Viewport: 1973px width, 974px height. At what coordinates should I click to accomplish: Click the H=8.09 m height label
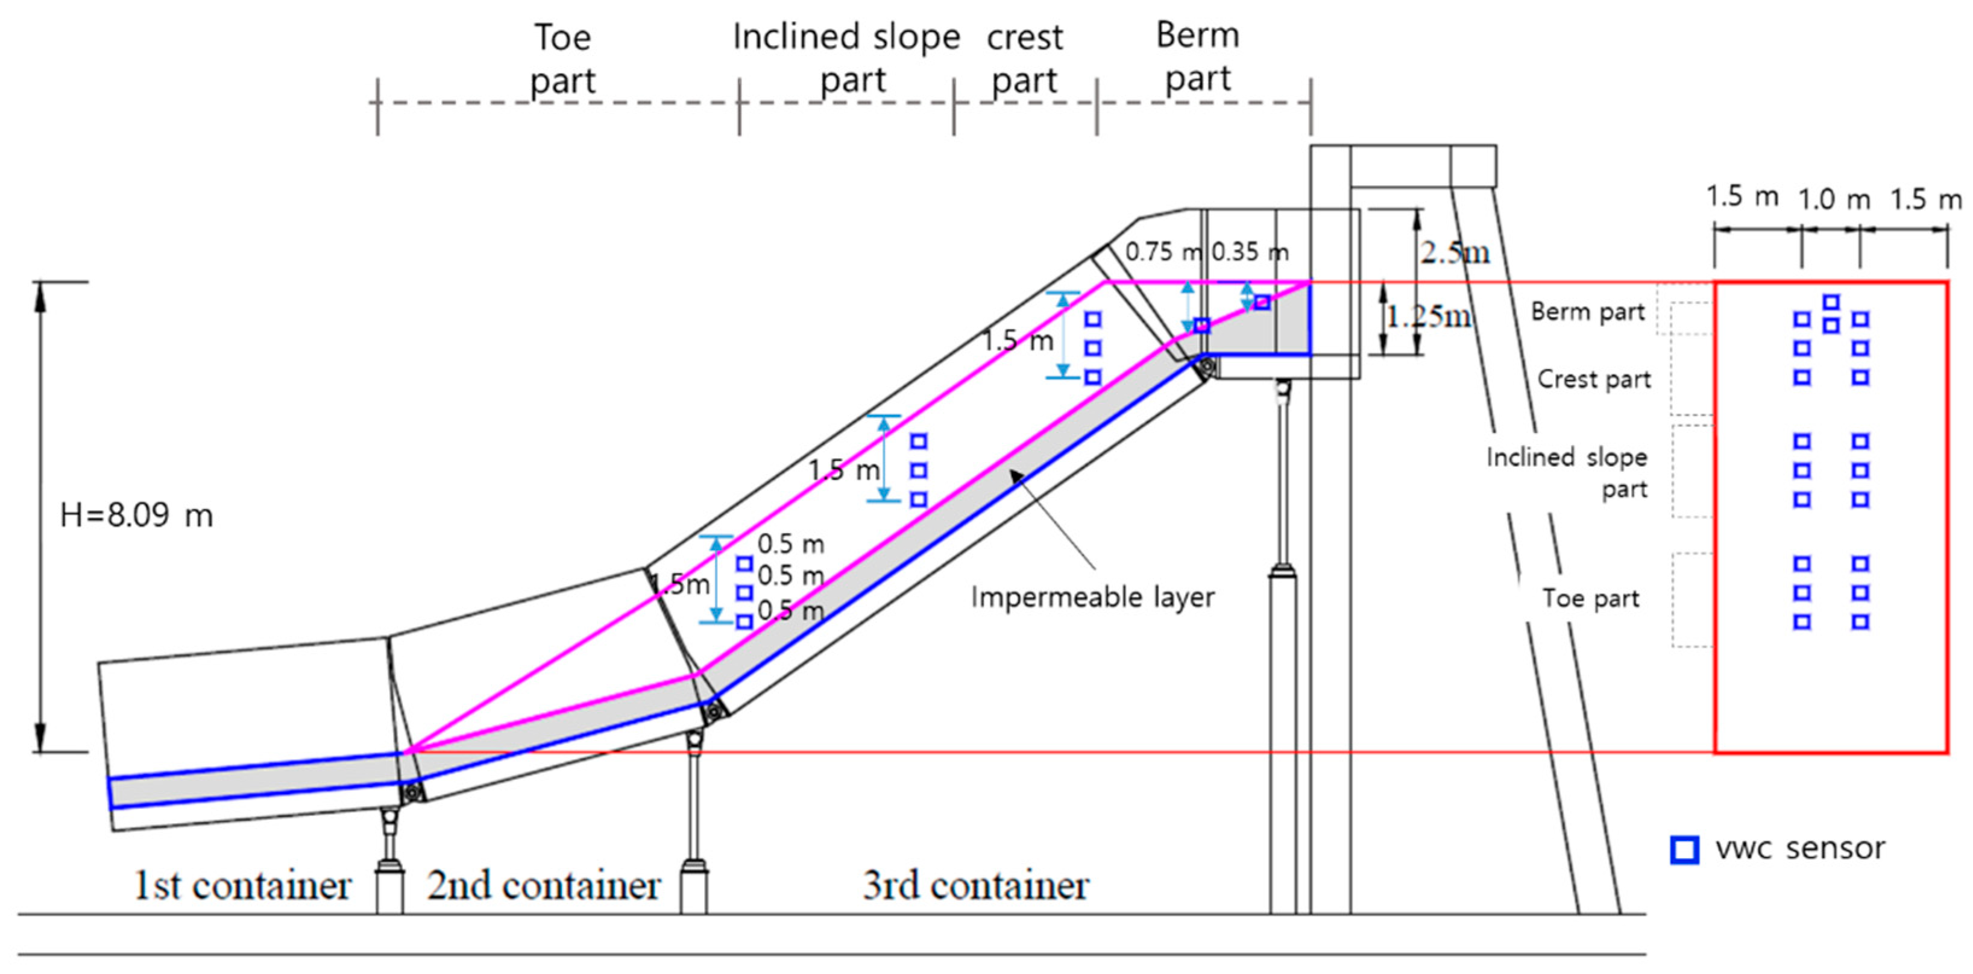[x=136, y=515]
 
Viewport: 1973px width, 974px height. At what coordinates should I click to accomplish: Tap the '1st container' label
[x=242, y=887]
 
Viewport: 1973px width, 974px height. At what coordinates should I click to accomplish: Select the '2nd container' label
[x=544, y=887]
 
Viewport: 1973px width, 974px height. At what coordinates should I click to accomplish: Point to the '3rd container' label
[x=976, y=887]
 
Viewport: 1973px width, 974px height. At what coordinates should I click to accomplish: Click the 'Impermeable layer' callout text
[x=1093, y=597]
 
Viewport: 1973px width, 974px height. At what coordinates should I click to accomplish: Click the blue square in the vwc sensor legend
[x=1684, y=850]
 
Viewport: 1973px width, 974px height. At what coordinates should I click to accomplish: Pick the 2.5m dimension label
[x=1455, y=251]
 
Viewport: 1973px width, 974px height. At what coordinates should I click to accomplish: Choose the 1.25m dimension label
[x=1429, y=316]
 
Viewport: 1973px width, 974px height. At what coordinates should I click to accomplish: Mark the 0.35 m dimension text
[x=1250, y=251]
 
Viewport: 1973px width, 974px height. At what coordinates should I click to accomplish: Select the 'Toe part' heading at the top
[x=562, y=59]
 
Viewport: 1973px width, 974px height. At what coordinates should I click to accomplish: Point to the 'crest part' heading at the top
[x=1025, y=59]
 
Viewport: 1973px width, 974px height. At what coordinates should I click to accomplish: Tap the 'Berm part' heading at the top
[x=1198, y=57]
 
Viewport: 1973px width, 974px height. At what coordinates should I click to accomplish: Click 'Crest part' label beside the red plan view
[x=1594, y=379]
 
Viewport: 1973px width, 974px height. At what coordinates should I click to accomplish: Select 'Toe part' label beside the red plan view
[x=1591, y=598]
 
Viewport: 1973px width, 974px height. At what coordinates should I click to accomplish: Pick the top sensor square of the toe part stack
[x=744, y=564]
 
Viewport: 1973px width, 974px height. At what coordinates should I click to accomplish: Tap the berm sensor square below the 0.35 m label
[x=1262, y=303]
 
